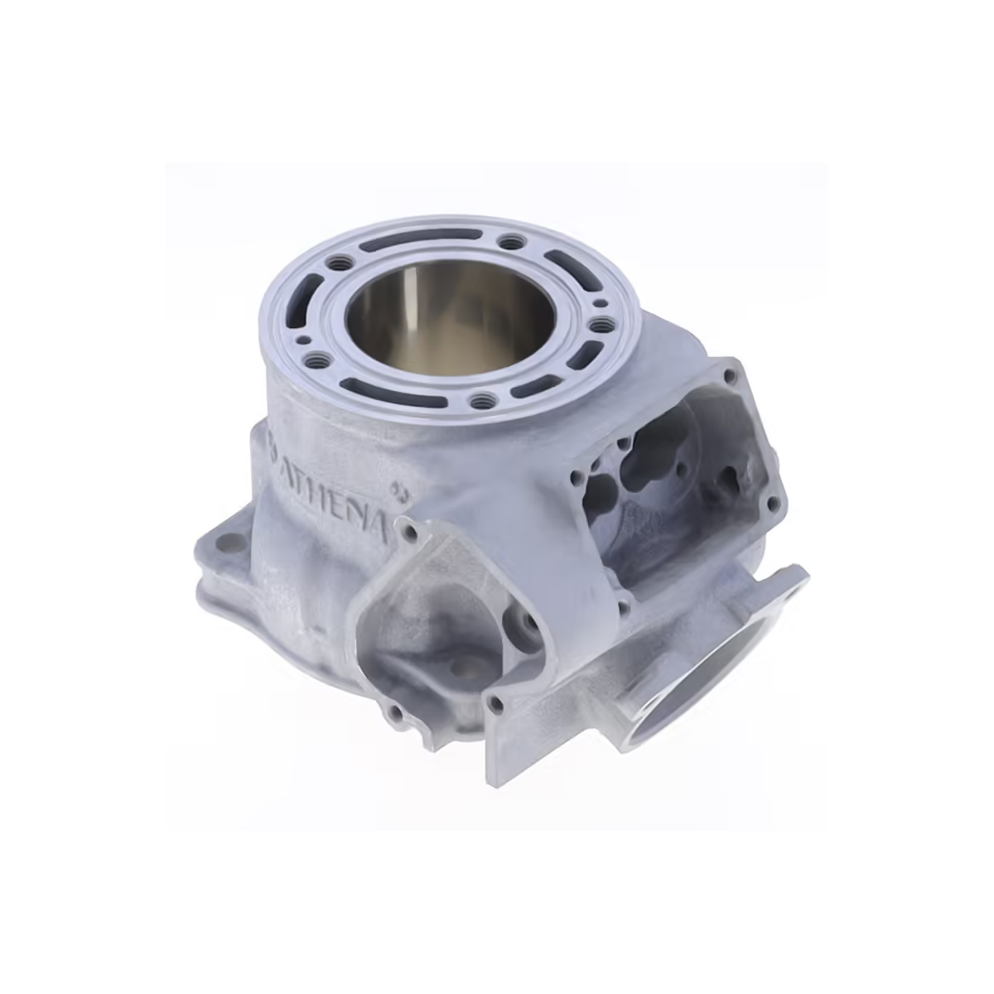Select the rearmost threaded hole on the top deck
click(x=510, y=240)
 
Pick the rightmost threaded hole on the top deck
click(x=600, y=325)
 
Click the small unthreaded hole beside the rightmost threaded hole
click(x=599, y=304)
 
